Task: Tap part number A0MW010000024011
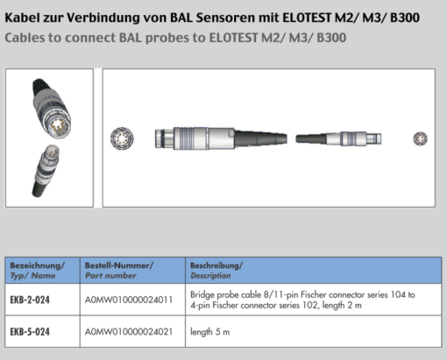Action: [129, 300]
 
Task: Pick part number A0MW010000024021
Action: [129, 332]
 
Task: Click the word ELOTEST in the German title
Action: [307, 18]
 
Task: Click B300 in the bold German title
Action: [405, 18]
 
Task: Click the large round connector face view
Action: [122, 138]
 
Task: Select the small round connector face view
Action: [420, 138]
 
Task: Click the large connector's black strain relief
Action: [260, 138]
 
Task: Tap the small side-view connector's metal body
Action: [354, 138]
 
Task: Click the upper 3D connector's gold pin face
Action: [60, 126]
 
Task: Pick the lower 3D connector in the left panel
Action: [46, 170]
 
